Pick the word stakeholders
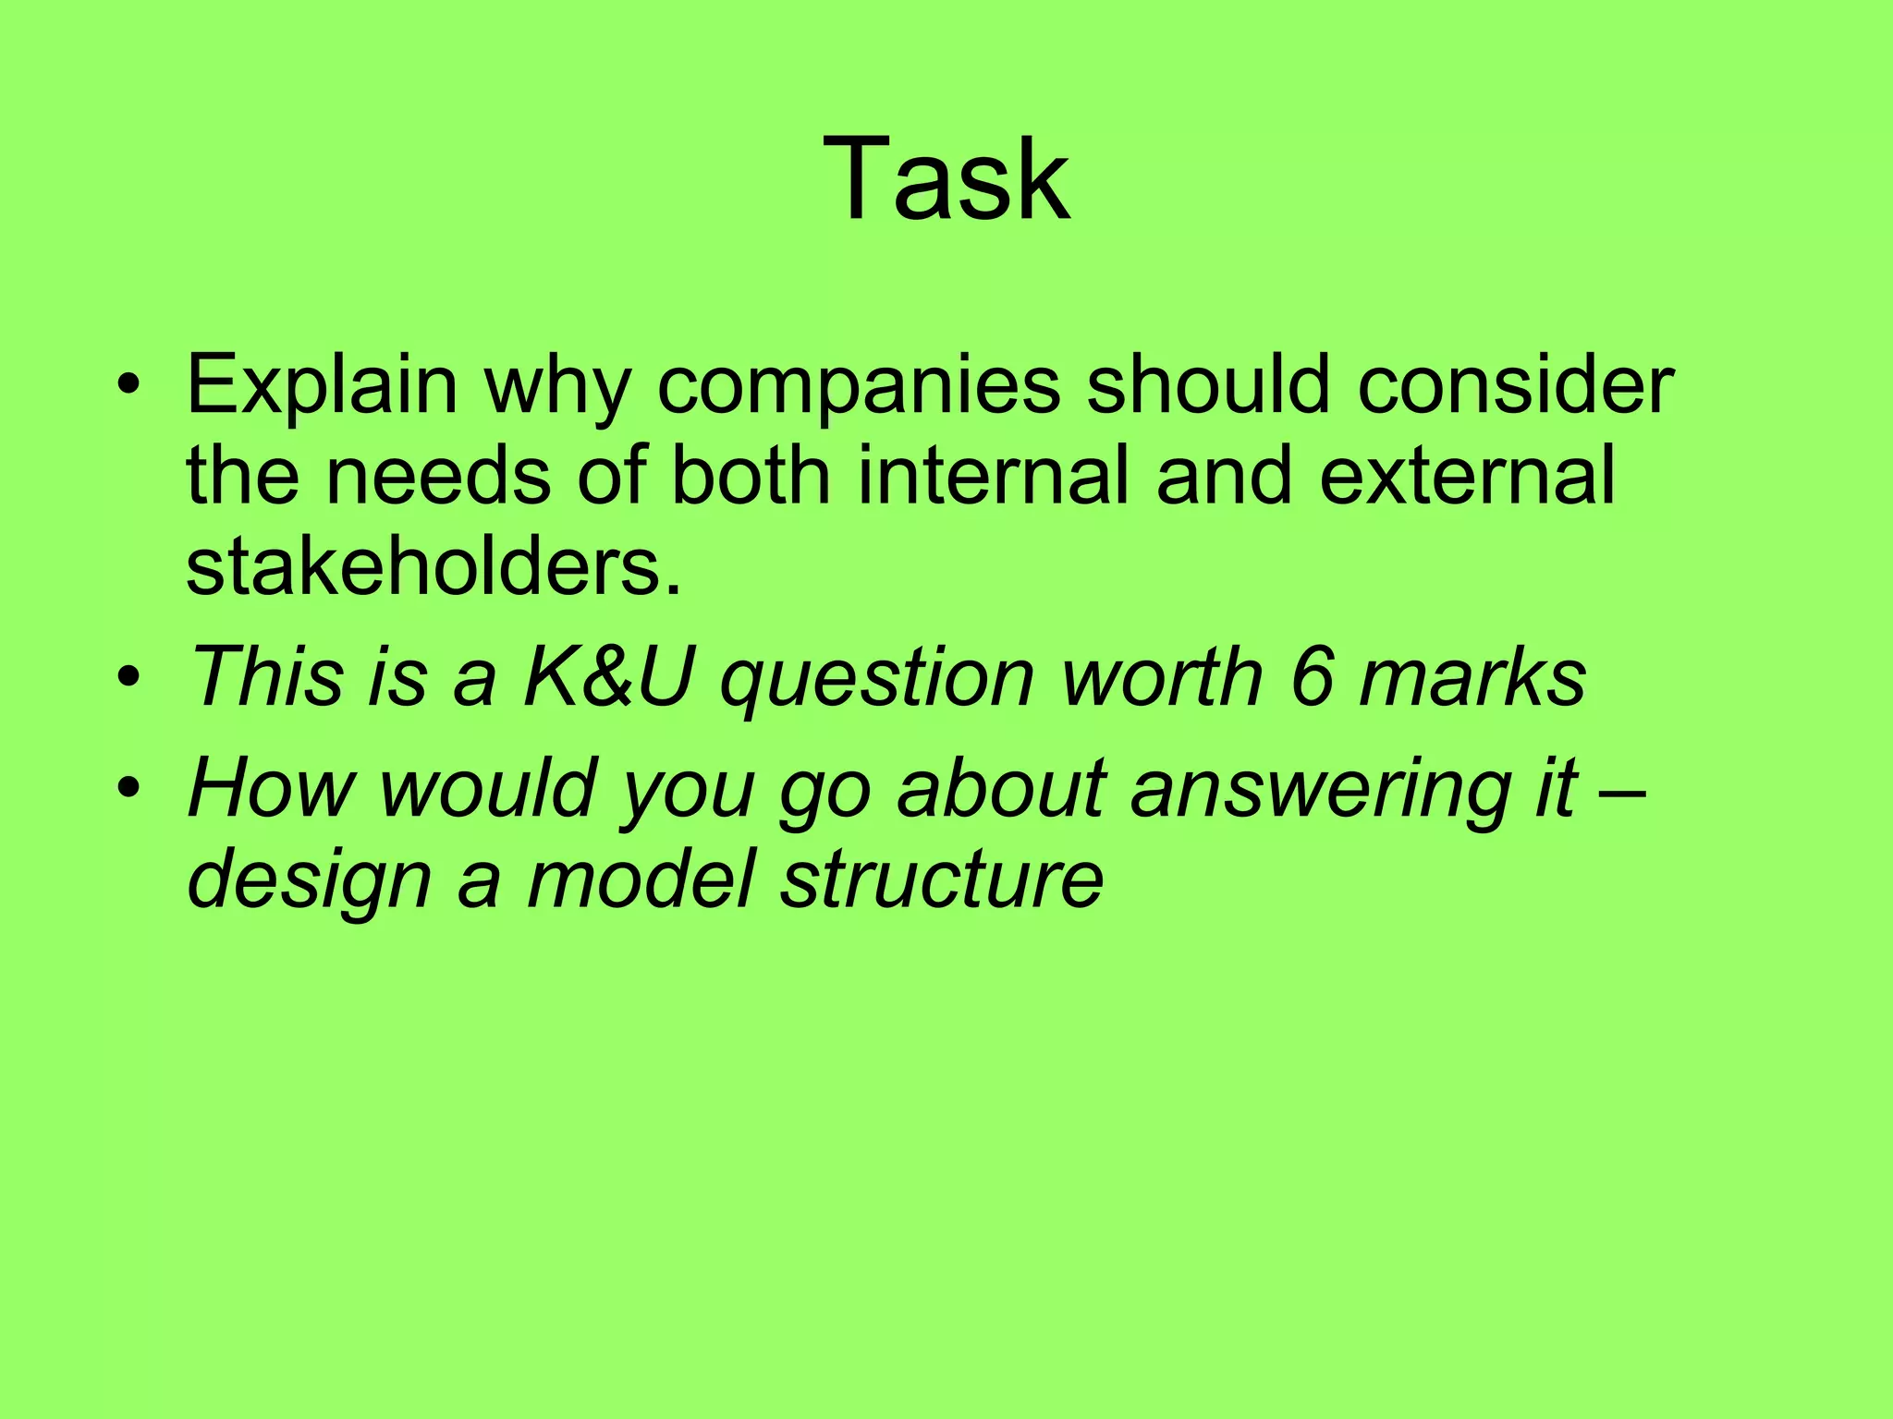click(x=433, y=565)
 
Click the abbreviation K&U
click(x=607, y=677)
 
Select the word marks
click(x=1473, y=677)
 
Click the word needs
click(x=437, y=475)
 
